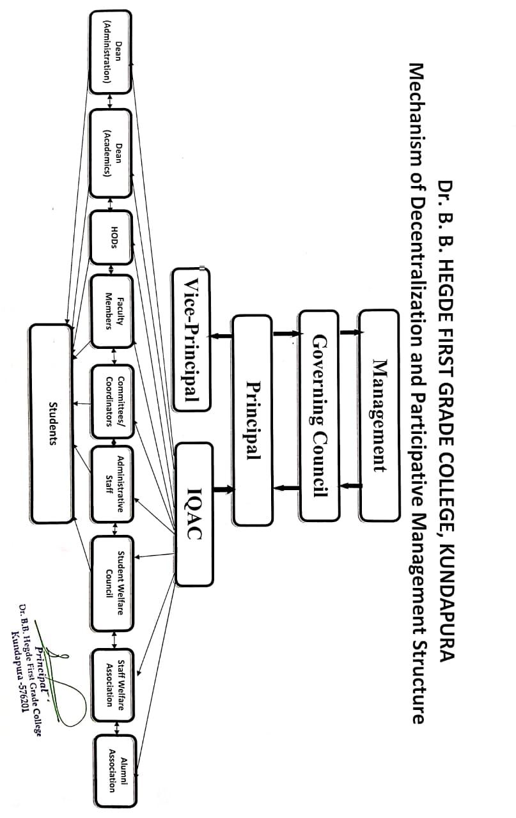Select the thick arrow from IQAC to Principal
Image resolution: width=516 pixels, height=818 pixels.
(x=223, y=490)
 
